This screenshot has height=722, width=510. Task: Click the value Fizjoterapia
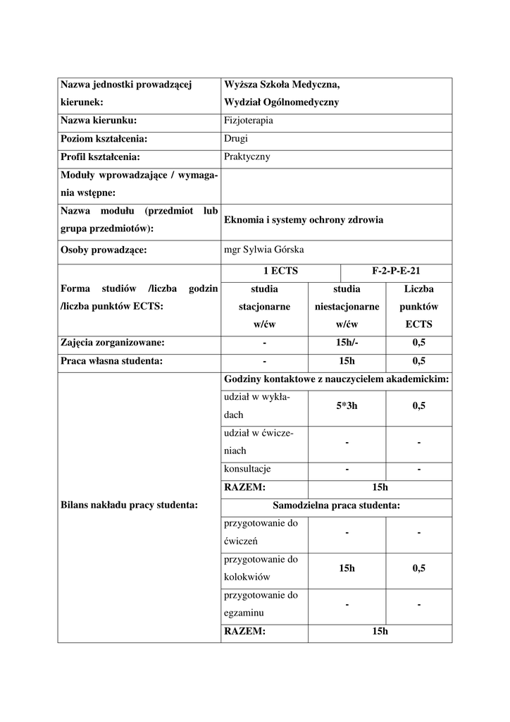click(x=249, y=121)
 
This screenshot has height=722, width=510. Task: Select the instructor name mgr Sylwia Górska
click(x=263, y=250)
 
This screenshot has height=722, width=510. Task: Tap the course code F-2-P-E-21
click(x=396, y=271)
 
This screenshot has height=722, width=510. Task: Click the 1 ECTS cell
click(x=280, y=271)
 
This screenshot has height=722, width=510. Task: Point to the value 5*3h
click(x=347, y=405)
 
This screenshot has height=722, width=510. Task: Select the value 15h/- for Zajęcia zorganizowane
click(x=347, y=343)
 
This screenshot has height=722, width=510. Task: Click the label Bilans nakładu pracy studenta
click(x=129, y=504)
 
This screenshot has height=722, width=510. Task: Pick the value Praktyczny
click(x=247, y=157)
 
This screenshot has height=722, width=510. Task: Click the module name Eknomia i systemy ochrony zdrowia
click(x=304, y=220)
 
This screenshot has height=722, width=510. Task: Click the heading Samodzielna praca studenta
click(x=336, y=506)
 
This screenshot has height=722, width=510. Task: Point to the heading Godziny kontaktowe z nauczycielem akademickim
click(x=336, y=379)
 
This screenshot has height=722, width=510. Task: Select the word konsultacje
click(x=247, y=469)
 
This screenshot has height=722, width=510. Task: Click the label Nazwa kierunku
click(x=99, y=121)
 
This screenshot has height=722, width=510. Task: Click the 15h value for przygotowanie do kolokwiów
click(x=347, y=568)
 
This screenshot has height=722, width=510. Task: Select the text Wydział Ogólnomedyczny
click(x=281, y=102)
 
